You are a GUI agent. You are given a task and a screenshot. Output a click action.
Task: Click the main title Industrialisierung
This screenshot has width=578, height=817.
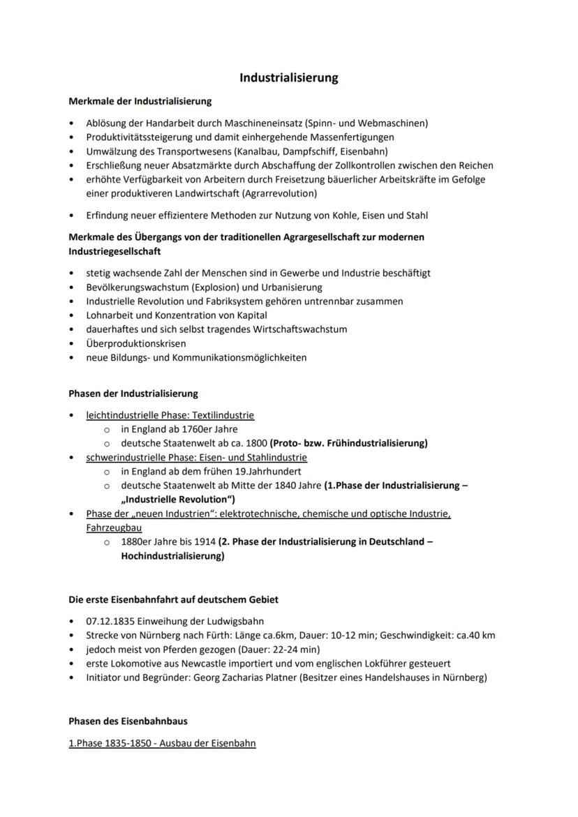[x=288, y=77]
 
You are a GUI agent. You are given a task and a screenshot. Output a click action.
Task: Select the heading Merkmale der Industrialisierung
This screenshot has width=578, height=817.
[x=140, y=101]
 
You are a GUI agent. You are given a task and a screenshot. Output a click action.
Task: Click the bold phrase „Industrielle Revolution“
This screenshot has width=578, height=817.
[x=178, y=500]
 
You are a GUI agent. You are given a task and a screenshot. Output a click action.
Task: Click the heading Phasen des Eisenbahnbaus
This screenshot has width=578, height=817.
[x=128, y=721]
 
